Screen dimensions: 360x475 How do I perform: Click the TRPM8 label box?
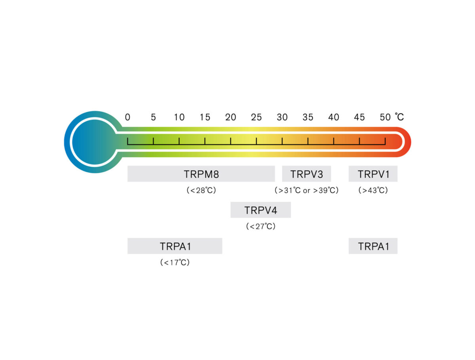coord(201,174)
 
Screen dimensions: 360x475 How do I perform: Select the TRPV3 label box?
coord(306,174)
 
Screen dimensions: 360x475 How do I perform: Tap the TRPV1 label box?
coord(373,174)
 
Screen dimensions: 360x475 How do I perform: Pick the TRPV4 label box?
coord(260,210)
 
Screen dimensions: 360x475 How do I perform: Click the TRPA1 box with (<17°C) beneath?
coord(175,246)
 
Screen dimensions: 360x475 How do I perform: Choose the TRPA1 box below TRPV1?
coord(373,246)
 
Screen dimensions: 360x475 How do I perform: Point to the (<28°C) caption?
coord(201,190)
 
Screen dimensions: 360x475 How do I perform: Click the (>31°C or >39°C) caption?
coord(306,190)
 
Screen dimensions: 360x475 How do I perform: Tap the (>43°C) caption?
coord(373,190)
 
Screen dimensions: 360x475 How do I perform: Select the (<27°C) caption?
coord(260,227)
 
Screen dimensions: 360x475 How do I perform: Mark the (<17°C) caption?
coord(175,263)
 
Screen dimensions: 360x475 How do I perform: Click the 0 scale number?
coord(127,117)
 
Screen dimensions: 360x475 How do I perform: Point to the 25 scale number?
coord(256,117)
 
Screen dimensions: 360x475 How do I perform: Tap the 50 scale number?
coord(385,117)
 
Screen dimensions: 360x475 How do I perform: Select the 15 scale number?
coord(205,117)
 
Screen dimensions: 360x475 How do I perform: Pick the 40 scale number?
coord(334,117)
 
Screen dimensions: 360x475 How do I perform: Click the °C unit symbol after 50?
coord(399,117)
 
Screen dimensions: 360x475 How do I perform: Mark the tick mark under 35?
coord(308,141)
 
